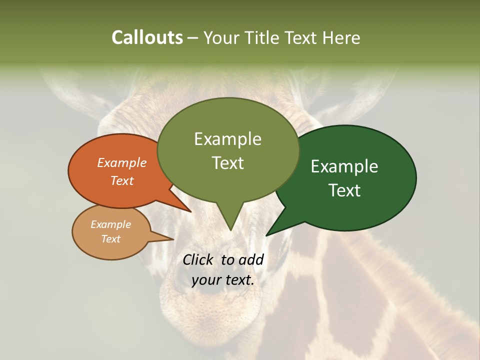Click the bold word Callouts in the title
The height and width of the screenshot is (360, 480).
coord(147,38)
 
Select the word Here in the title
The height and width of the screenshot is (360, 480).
coord(341,38)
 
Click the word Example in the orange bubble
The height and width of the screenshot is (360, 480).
coord(121,163)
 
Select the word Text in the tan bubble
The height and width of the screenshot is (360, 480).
coord(111,239)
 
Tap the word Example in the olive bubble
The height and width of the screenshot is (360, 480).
coord(227,139)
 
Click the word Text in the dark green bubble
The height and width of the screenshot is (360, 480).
coord(345,190)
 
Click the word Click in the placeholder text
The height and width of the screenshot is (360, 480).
coord(199,259)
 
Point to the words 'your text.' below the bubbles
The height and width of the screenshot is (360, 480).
coord(223,280)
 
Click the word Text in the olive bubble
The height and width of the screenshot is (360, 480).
coord(227,163)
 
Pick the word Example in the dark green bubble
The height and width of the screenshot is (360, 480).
coord(344,166)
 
